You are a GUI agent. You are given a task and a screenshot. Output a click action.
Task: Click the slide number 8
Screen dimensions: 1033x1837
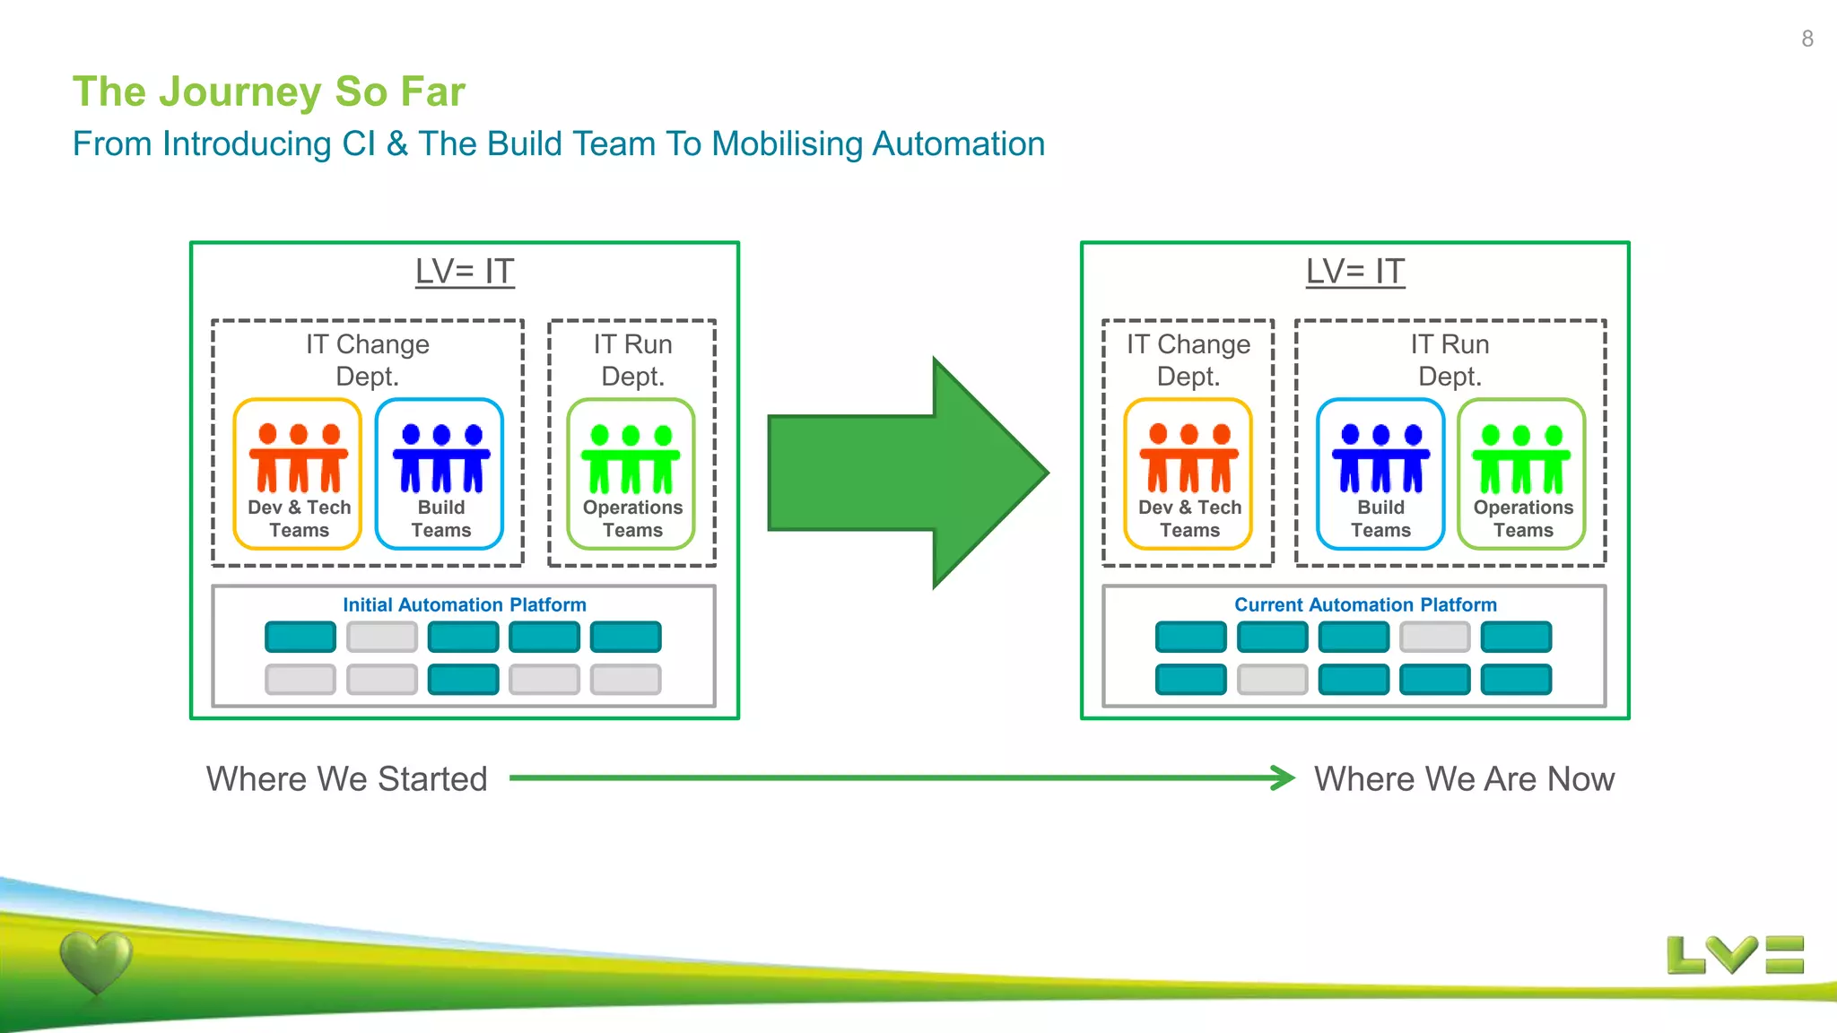(x=1807, y=39)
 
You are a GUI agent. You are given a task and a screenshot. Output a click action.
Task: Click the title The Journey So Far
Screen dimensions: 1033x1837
(x=268, y=91)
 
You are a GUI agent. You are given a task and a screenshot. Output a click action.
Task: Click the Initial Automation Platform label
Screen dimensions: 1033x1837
(x=464, y=604)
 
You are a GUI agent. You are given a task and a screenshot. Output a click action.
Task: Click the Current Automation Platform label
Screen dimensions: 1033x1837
(x=1364, y=604)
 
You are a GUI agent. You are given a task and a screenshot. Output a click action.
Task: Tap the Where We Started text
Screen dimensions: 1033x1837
(x=346, y=778)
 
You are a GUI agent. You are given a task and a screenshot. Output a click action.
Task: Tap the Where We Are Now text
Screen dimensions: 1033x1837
(x=1464, y=778)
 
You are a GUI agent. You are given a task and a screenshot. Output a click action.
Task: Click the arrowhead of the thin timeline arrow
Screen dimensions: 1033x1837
(x=1283, y=777)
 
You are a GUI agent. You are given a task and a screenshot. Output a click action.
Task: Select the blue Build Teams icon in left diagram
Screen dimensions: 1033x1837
(x=440, y=459)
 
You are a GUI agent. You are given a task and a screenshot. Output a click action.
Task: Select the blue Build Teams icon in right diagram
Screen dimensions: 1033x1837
(x=1380, y=459)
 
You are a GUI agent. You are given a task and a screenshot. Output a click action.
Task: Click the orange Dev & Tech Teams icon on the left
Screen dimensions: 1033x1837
(x=298, y=459)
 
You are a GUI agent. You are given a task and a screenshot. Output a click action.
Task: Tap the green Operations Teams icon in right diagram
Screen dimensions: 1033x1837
(x=1521, y=459)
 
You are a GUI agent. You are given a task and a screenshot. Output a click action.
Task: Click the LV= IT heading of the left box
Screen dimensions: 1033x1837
(x=464, y=271)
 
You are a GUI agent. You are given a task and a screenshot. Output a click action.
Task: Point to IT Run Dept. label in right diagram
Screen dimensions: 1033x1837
(x=1449, y=360)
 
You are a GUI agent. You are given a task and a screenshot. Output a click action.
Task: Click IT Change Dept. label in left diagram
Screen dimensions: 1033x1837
(x=367, y=360)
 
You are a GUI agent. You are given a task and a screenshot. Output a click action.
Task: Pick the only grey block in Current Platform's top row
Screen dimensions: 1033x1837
(x=1434, y=637)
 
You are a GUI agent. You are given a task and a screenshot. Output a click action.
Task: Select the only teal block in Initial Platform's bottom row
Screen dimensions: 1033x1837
(x=463, y=679)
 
